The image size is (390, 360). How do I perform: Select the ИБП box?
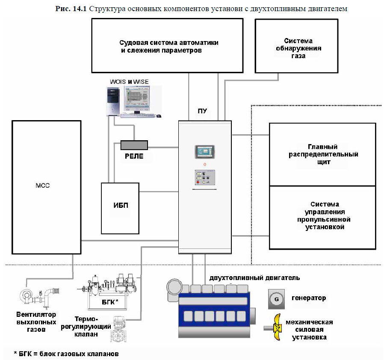coord(120,206)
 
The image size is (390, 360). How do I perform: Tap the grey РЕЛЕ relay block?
coord(134,145)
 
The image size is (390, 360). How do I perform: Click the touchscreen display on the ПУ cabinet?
coord(204,152)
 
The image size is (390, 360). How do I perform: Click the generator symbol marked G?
coord(276,299)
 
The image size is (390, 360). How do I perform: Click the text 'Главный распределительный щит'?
coord(322,154)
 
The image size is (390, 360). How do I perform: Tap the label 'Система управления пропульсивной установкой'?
coord(322,215)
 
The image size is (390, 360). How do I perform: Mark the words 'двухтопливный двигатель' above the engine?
coord(254,278)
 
